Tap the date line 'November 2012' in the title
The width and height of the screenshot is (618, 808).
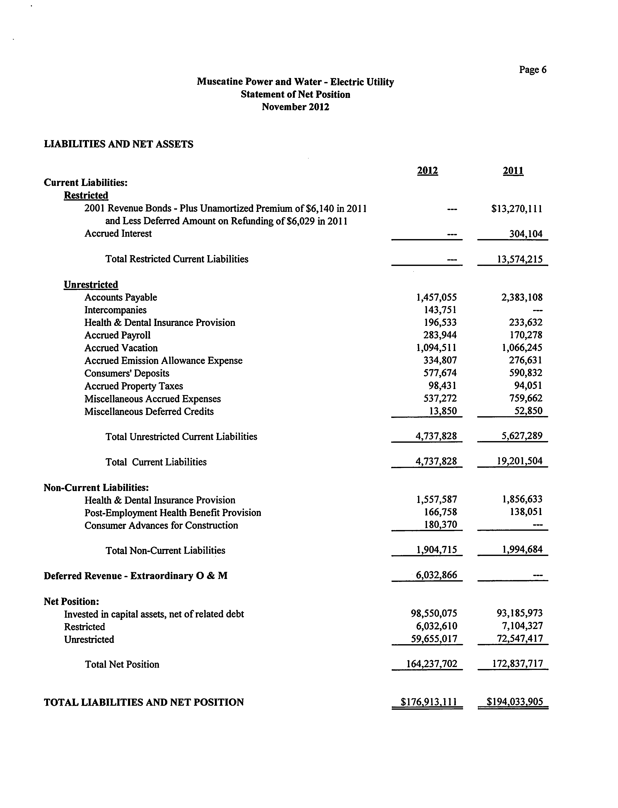point(295,107)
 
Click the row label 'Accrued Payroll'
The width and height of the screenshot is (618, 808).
point(117,335)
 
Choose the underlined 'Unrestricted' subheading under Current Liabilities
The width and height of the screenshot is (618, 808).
point(91,284)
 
